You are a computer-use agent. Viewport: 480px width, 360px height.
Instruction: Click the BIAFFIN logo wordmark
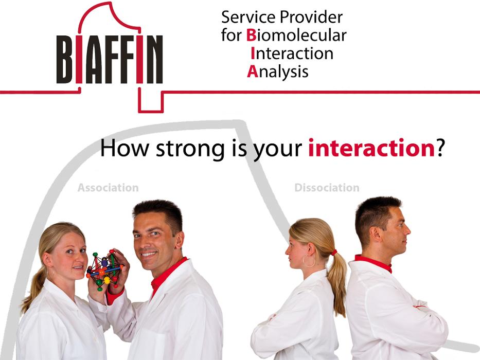109,60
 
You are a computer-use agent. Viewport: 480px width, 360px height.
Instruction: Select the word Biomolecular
296,35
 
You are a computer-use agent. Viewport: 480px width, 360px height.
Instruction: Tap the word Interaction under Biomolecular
292,53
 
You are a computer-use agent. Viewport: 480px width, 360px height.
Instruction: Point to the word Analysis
278,72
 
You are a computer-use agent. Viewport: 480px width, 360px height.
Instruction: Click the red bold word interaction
371,149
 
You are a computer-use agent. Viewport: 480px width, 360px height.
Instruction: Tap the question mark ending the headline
440,148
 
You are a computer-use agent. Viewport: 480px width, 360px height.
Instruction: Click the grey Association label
108,188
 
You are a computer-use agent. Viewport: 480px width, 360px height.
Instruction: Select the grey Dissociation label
327,188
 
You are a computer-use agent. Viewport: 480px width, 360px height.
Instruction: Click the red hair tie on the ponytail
333,253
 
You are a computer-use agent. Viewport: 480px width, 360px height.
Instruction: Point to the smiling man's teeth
149,254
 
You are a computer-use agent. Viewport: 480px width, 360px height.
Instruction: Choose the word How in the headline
125,148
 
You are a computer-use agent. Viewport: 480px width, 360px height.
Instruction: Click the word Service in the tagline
248,17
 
